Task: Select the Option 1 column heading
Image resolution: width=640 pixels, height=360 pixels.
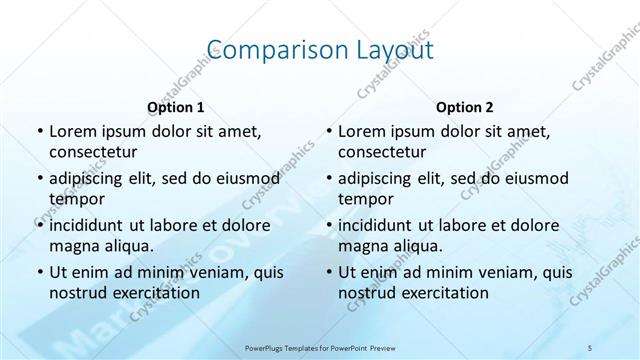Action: point(176,107)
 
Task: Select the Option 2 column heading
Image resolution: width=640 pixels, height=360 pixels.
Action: point(464,107)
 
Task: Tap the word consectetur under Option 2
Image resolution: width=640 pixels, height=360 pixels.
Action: point(383,152)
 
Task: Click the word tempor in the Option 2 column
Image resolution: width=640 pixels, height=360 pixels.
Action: point(361,199)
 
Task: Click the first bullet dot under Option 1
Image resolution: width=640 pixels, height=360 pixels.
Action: point(39,132)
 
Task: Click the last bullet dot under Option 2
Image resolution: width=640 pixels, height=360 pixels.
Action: point(329,272)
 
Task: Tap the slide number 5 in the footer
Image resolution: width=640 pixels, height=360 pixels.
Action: point(590,346)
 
